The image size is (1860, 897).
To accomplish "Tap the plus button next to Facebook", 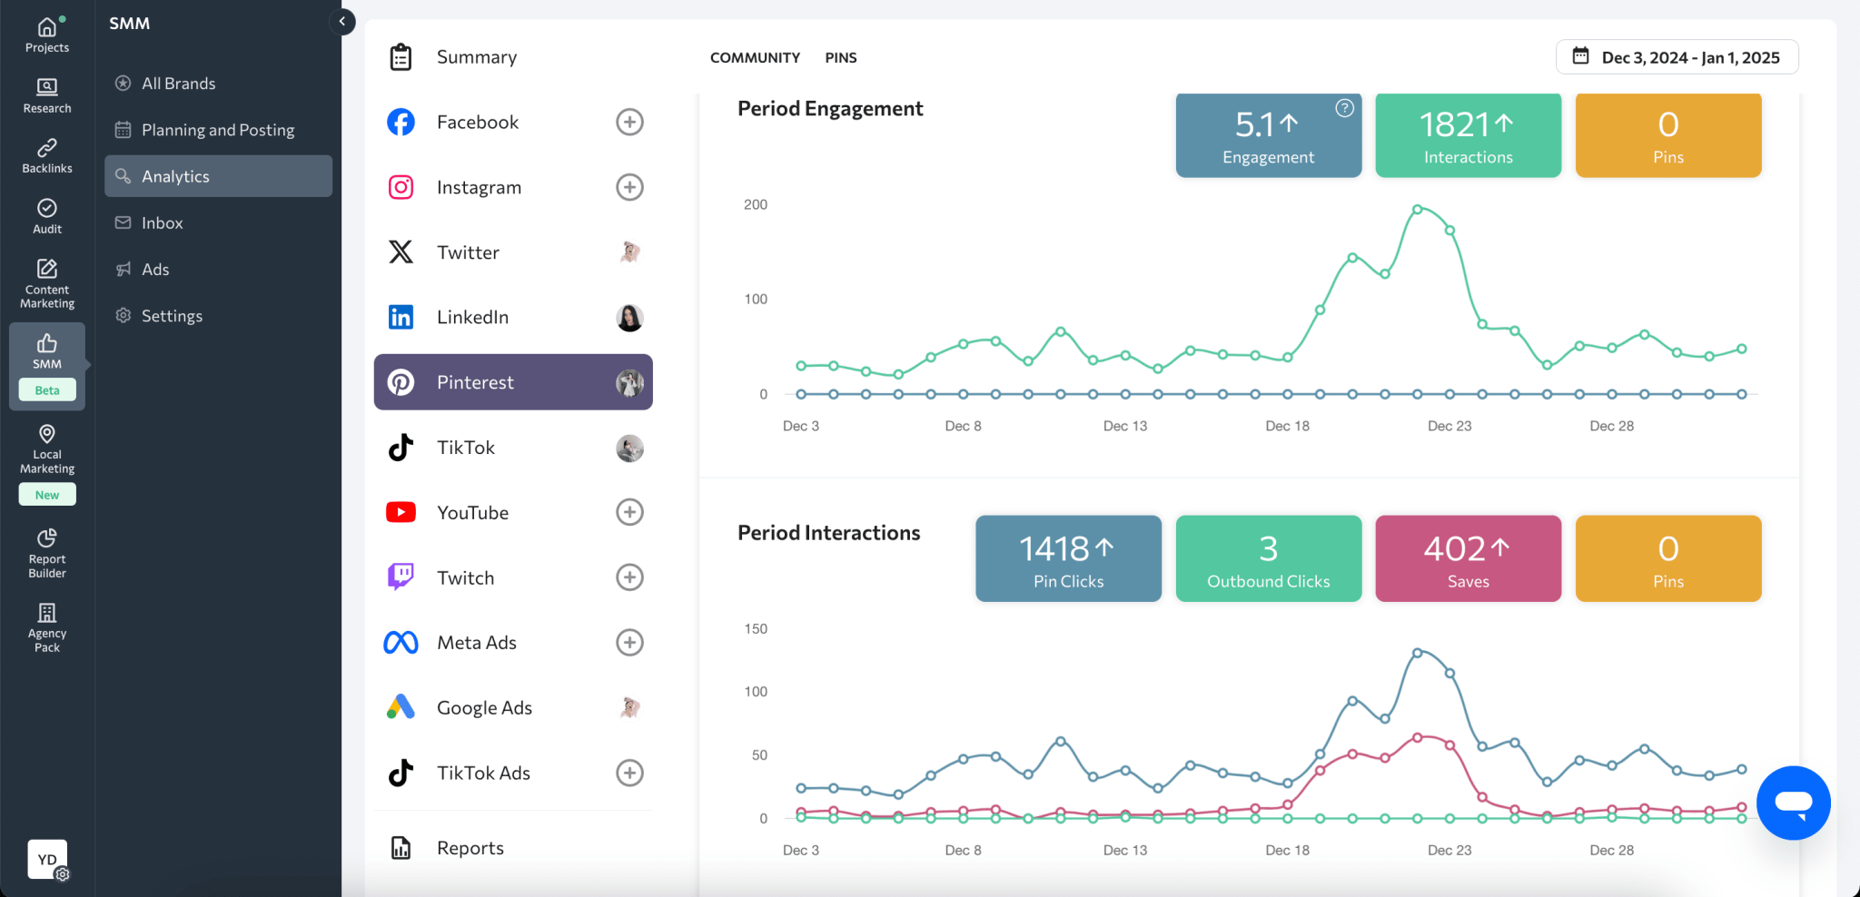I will coord(629,122).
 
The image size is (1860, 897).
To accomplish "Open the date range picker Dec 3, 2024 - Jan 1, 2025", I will coord(1677,57).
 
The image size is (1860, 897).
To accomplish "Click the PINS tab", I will coord(840,57).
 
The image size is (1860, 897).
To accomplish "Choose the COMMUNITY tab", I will coord(755,57).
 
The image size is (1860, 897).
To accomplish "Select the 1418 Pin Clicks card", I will coord(1068,558).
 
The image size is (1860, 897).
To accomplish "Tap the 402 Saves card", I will coord(1468,558).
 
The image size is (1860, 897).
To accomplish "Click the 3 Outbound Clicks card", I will coord(1268,558).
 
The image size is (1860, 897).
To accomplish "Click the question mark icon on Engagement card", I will coord(1344,108).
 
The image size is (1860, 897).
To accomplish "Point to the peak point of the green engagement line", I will coord(1417,210).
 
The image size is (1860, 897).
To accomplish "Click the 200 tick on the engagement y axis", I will coord(755,204).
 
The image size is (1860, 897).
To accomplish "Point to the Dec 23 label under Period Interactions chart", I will coord(1449,850).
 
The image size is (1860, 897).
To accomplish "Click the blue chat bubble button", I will coord(1793,803).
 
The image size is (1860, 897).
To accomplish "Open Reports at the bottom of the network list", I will coord(470,848).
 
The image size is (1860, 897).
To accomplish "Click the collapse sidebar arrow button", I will coord(342,22).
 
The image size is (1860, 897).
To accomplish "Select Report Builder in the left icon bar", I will coord(47,553).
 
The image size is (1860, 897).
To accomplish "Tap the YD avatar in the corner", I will coord(47,859).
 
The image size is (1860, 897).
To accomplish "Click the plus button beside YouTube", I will coord(629,512).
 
